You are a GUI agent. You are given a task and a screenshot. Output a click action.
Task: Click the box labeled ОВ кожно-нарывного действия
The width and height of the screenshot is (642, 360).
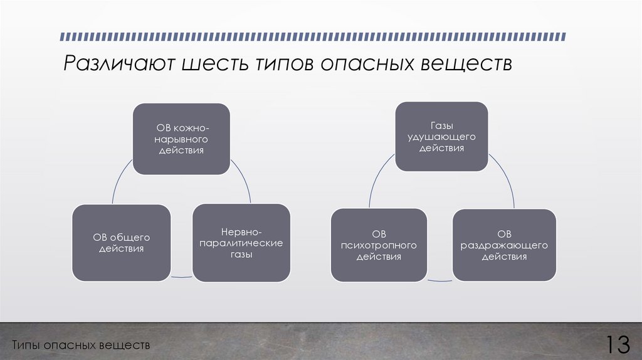point(181,139)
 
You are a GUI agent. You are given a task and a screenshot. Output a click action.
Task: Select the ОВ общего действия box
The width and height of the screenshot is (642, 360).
point(121,242)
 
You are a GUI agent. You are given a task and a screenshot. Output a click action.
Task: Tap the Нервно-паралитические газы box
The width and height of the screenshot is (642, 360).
point(241,242)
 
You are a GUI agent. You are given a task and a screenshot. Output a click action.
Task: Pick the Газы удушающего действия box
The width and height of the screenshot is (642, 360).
point(441,137)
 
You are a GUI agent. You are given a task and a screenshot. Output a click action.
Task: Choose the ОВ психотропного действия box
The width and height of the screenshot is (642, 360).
point(379,245)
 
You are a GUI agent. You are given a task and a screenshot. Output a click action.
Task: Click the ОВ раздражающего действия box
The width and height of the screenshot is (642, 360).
point(504,245)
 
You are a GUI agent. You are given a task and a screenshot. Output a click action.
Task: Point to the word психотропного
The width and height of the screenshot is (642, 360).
point(379,245)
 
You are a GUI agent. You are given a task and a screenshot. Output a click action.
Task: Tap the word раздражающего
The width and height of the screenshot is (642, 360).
point(504,245)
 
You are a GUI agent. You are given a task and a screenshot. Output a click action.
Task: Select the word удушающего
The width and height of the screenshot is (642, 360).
point(441,137)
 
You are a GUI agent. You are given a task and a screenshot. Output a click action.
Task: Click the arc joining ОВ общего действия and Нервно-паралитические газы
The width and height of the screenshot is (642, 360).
point(182,277)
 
